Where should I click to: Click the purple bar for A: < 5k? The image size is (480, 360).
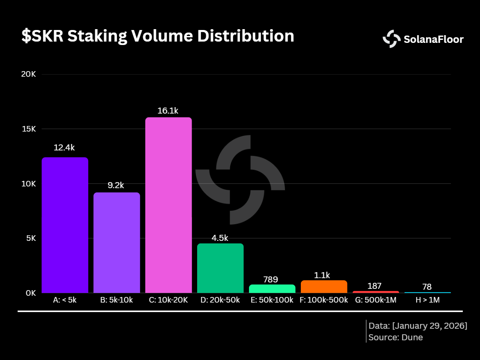pos(65,225)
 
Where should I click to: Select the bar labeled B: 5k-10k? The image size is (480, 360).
pos(117,243)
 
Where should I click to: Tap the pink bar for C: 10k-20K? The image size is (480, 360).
pos(168,205)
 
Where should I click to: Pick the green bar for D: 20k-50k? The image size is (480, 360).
pos(220,268)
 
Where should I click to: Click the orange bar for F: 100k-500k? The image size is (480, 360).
pos(324,286)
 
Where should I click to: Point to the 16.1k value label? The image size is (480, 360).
pos(168,111)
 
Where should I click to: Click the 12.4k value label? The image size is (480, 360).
pos(64,148)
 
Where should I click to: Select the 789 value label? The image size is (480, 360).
pos(270,279)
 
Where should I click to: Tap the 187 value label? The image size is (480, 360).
pos(374,286)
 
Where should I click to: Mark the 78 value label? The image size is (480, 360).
pos(426,287)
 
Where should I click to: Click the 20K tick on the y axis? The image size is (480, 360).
pos(29,74)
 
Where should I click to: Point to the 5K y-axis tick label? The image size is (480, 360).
pos(30,238)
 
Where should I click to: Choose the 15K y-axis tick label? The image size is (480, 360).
pos(29,129)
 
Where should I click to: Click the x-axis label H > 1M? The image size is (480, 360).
pos(427,300)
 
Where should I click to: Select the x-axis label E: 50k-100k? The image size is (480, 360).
pos(272,300)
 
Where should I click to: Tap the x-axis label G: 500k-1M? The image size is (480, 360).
pos(376,300)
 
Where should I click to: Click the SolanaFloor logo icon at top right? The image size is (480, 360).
pos(391,39)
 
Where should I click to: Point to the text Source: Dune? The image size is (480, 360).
pos(396,337)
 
